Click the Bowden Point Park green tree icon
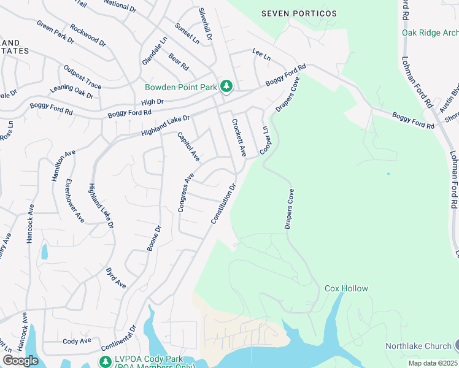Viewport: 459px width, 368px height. coord(226,87)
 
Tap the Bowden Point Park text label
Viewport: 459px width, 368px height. coord(181,87)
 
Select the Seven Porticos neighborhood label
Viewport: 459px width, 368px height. coord(299,13)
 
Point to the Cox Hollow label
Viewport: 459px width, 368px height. coord(346,288)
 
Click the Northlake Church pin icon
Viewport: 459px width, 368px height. coord(455,346)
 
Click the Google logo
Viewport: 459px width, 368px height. coord(20,361)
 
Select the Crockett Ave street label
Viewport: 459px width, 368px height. coord(239,137)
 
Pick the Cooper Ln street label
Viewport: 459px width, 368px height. coord(266,140)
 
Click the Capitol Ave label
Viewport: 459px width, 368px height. coord(188,147)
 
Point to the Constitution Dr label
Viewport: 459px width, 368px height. coord(223,204)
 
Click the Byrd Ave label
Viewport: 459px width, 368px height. coord(116,278)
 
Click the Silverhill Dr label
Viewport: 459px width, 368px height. coord(204,25)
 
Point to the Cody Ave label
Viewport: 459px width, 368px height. coord(77,341)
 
